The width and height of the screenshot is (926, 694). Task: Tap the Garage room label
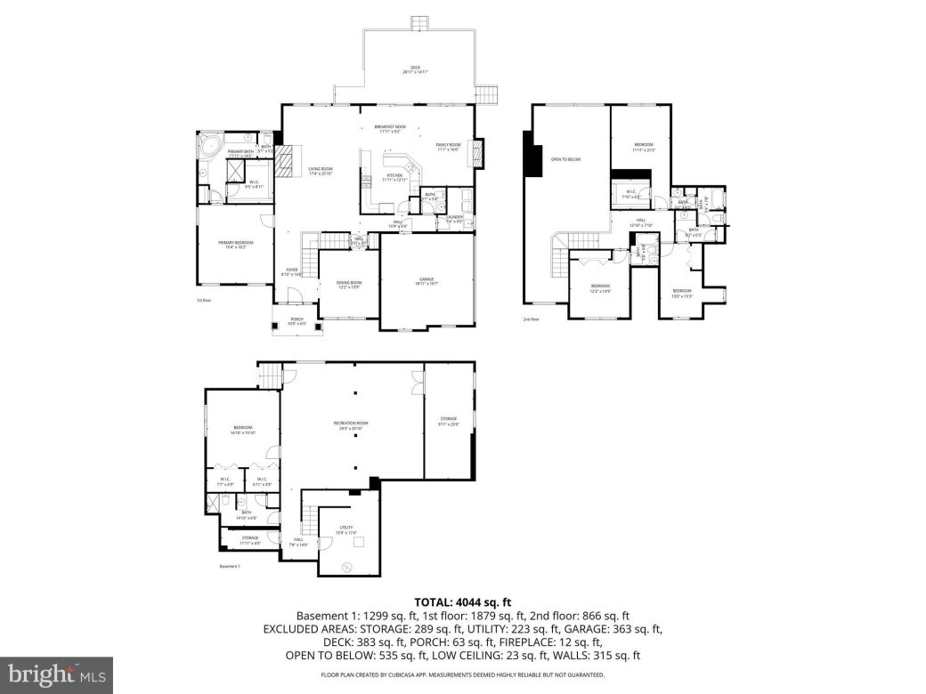(x=426, y=281)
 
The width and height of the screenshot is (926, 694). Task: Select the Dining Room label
(x=349, y=285)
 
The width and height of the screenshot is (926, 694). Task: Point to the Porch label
(x=297, y=321)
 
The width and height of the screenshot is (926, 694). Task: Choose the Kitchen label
(x=394, y=178)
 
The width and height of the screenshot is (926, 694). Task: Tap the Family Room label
(x=448, y=146)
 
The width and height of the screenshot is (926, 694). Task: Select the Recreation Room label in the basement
(x=351, y=424)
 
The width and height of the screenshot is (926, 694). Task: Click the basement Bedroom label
(x=243, y=430)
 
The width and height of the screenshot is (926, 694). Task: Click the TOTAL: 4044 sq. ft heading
(x=463, y=602)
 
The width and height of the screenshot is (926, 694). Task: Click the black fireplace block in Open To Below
(x=532, y=156)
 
